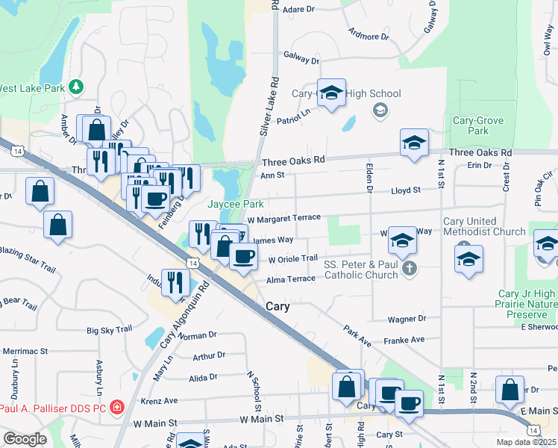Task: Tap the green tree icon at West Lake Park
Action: click(x=76, y=87)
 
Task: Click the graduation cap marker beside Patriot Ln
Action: click(x=331, y=93)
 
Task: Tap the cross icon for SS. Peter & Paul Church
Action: click(x=408, y=268)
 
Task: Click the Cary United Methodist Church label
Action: click(x=485, y=226)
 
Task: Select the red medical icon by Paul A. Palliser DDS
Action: click(x=117, y=408)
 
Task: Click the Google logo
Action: click(x=24, y=438)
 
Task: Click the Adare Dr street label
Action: click(x=301, y=9)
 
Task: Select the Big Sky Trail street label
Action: click(x=110, y=329)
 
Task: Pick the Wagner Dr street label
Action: click(x=406, y=319)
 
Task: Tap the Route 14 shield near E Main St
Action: click(x=533, y=430)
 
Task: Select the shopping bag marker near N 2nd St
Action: click(x=509, y=389)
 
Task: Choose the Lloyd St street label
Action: click(x=407, y=190)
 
